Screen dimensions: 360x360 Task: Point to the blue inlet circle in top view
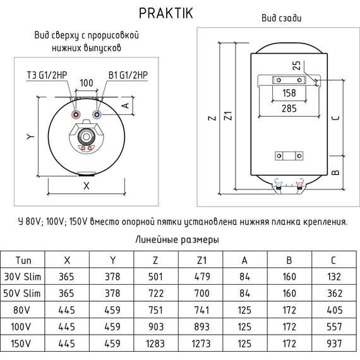pos(97,116)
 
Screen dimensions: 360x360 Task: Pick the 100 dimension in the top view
pos(87,83)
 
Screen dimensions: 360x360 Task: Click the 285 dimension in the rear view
pos(289,109)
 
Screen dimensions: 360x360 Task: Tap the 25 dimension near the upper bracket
pos(296,66)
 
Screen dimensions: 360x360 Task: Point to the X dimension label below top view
pos(87,186)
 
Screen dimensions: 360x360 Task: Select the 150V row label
pos(23,343)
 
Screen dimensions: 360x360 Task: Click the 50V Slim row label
pos(23,293)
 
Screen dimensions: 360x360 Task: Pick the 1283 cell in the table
pos(156,343)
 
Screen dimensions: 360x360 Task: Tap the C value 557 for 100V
pos(335,327)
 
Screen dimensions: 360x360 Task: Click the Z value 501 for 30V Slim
pos(156,277)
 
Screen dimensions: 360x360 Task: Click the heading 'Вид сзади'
pos(281,18)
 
